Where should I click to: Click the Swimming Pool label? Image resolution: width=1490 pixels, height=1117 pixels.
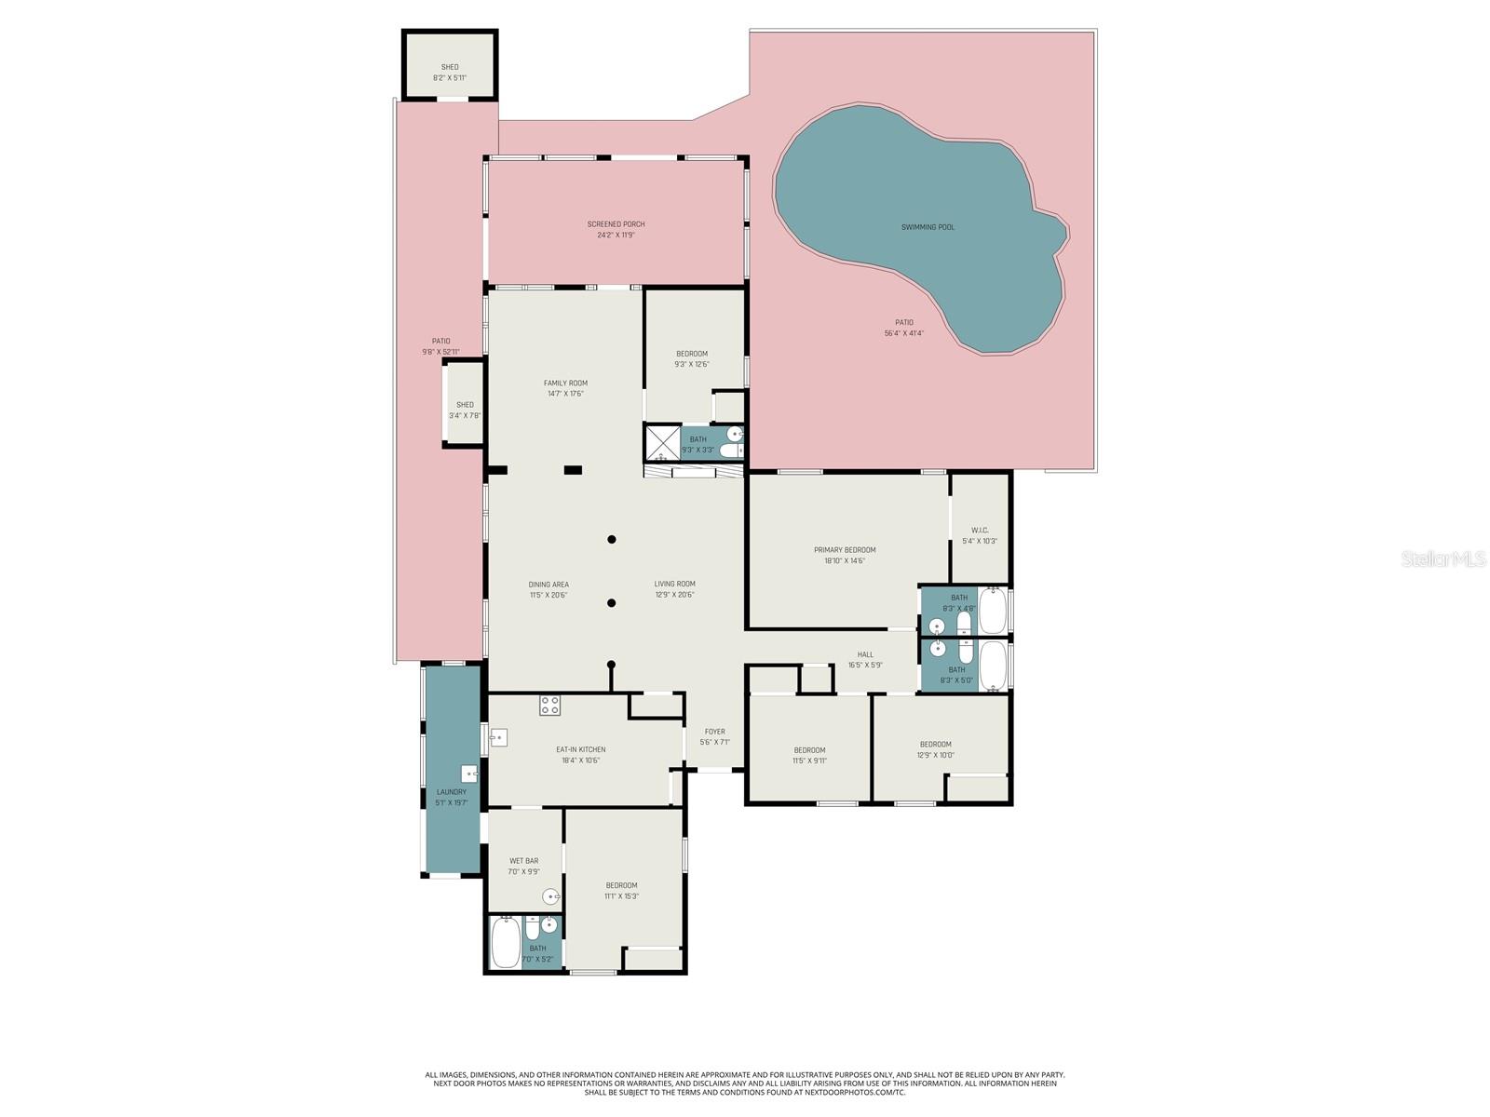(928, 227)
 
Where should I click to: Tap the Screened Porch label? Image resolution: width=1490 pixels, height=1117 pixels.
(616, 224)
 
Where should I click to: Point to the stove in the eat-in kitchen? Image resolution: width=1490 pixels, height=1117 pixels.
(549, 706)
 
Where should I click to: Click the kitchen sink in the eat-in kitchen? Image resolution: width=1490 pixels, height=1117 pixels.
(498, 738)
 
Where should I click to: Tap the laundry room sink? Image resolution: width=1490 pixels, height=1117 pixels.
(469, 774)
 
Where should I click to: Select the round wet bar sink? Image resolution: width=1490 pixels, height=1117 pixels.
(551, 897)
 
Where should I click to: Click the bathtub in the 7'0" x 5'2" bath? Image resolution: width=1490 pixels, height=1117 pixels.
(505, 942)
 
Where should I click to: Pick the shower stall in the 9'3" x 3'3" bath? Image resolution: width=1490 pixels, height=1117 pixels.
(662, 443)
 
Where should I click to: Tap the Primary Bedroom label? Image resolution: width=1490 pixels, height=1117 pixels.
(845, 550)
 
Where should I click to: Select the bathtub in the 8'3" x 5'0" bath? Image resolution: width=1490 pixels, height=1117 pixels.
(993, 665)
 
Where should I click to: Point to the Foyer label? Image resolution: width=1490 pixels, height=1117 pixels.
(714, 732)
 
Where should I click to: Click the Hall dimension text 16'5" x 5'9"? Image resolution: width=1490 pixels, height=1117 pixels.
(865, 666)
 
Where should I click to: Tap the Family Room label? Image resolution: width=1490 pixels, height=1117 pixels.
(565, 383)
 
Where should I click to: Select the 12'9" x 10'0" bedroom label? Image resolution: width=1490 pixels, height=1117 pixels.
(935, 744)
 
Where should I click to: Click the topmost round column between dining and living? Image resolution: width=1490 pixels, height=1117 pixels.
(612, 539)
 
